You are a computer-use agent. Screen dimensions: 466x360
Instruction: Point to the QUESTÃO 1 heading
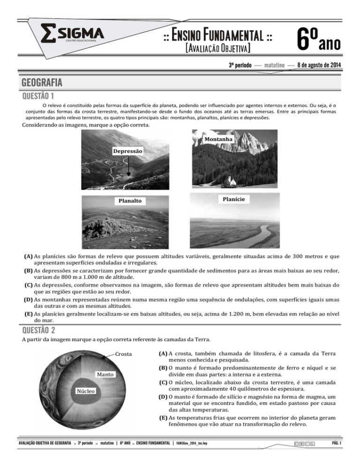click(x=35, y=96)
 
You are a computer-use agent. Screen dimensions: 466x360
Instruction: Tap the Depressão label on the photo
click(x=127, y=151)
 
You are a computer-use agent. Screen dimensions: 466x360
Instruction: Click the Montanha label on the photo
click(x=219, y=139)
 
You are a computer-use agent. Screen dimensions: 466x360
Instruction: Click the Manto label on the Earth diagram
click(x=106, y=375)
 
